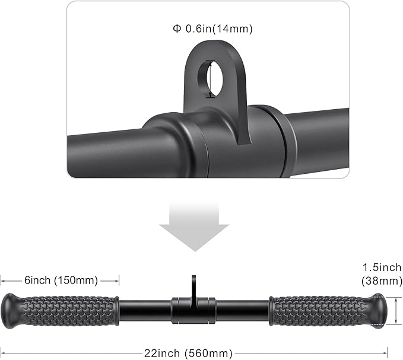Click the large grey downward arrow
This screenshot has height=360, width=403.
[x=194, y=225]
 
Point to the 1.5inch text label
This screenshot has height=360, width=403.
[x=382, y=268]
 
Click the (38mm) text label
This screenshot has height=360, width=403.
[x=382, y=281]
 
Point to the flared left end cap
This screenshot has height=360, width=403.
[x=11, y=310]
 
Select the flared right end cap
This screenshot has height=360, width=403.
[x=381, y=310]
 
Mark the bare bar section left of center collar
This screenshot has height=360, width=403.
[x=145, y=310]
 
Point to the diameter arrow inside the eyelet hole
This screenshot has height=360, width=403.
[x=208, y=78]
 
